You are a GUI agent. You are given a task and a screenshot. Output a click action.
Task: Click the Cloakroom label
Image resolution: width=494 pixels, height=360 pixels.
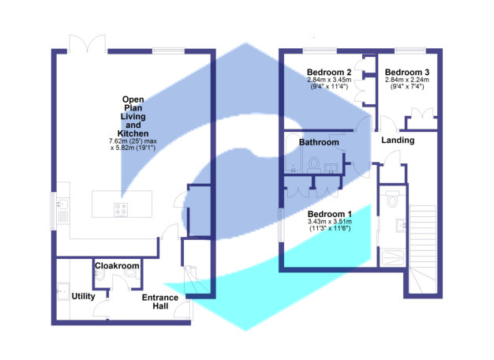coord(118,266)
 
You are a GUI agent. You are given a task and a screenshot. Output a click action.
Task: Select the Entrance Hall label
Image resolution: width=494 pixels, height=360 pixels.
coord(159,302)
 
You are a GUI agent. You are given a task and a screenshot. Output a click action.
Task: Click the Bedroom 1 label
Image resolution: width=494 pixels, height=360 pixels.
coord(329,215)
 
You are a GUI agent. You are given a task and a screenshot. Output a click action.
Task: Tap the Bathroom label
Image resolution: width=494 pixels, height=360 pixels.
coord(319,142)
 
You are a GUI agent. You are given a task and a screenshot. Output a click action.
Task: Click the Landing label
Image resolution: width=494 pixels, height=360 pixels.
coord(398,141)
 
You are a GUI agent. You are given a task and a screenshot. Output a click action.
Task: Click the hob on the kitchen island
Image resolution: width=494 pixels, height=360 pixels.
coord(122,209)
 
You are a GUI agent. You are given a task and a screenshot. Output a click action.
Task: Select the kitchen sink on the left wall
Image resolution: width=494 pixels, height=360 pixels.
coord(62,208)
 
